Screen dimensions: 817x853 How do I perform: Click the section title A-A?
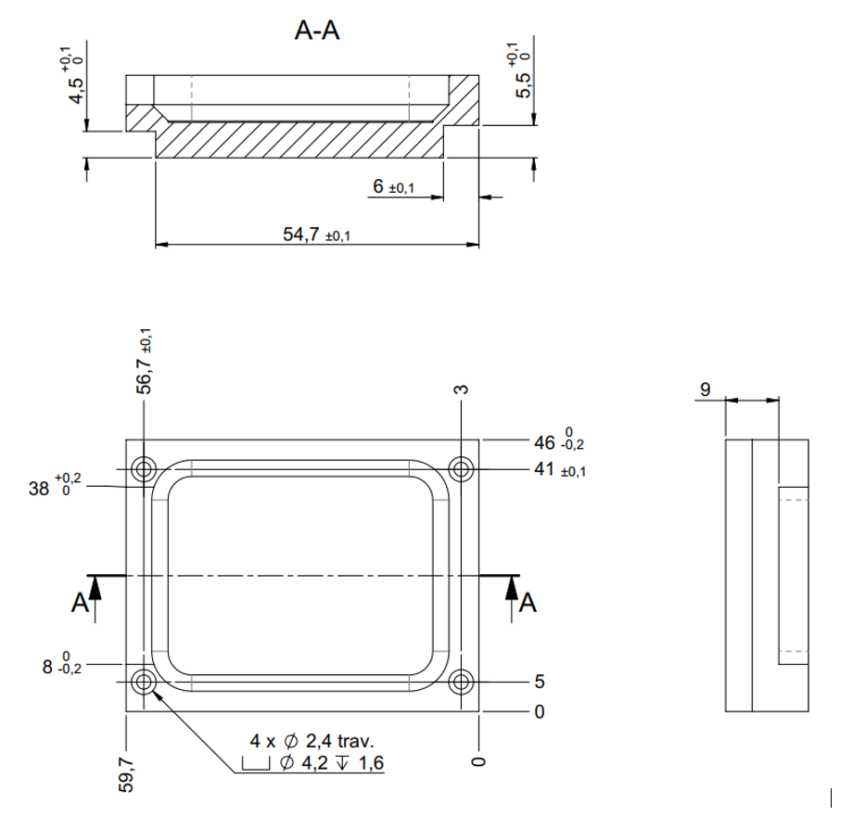[317, 32]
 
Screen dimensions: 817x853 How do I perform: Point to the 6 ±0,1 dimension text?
[393, 187]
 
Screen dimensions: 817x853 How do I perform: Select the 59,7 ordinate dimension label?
[127, 773]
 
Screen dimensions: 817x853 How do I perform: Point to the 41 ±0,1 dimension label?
[560, 470]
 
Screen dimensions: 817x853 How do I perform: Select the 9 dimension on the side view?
[706, 389]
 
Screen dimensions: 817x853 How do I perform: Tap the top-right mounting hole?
[461, 469]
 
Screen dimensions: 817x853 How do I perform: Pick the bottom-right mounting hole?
[461, 683]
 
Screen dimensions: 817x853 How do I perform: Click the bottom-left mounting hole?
[144, 683]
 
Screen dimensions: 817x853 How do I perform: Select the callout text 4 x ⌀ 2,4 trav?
[312, 741]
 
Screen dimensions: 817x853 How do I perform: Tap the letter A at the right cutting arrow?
[528, 604]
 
